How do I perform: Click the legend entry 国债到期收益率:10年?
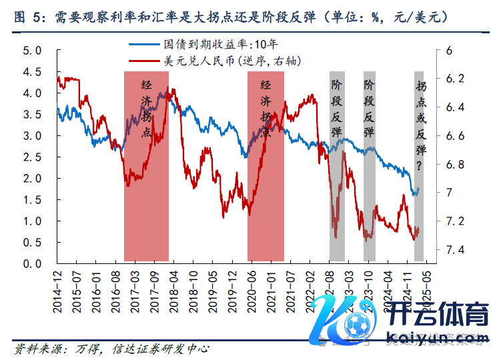[209, 45]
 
